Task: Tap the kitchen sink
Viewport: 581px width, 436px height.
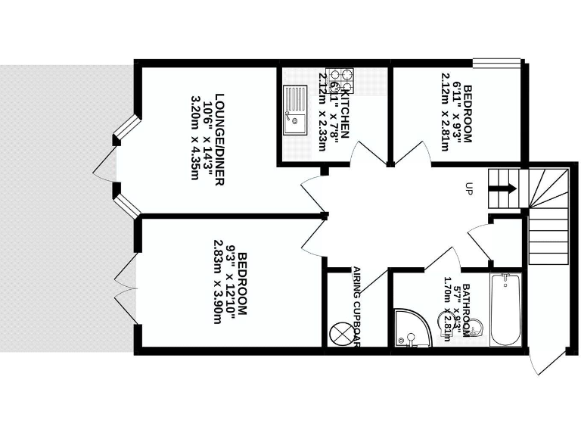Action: point(293,111)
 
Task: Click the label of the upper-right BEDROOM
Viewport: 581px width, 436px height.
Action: point(468,114)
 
